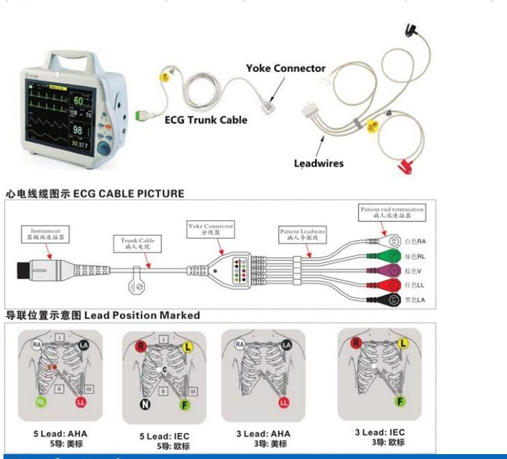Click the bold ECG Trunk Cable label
(206, 120)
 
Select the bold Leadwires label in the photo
(318, 164)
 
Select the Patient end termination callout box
(391, 212)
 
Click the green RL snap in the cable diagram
(391, 256)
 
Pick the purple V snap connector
(391, 271)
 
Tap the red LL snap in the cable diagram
(391, 285)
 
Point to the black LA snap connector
(391, 299)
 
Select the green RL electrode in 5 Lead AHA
(42, 402)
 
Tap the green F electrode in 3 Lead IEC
(400, 401)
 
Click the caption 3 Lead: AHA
(263, 434)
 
